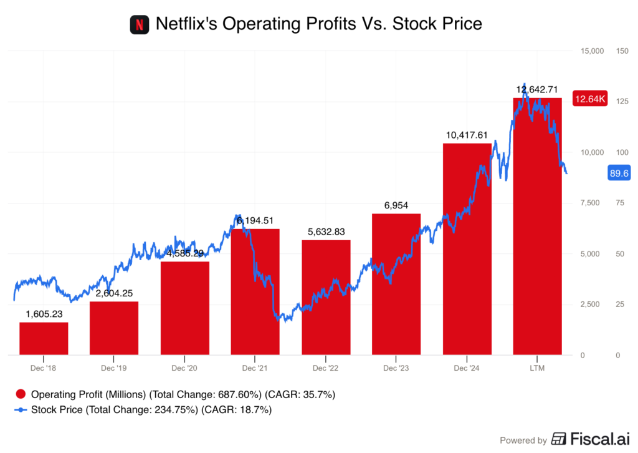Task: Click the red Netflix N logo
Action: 140,25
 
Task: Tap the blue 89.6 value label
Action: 620,174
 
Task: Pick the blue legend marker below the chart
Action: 21,410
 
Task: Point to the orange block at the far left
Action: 13,331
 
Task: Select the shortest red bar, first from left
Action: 44,338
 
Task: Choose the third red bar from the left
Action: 185,309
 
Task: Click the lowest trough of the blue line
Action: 277,319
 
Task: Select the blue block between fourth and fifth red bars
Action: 290,334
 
